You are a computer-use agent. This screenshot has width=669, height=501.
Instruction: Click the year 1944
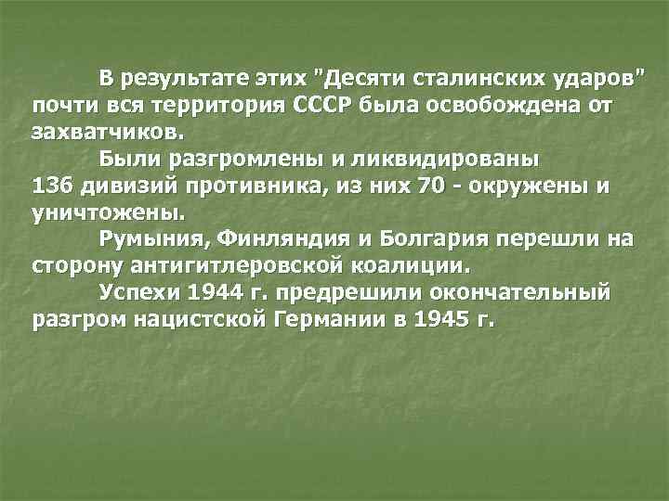[x=212, y=293]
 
